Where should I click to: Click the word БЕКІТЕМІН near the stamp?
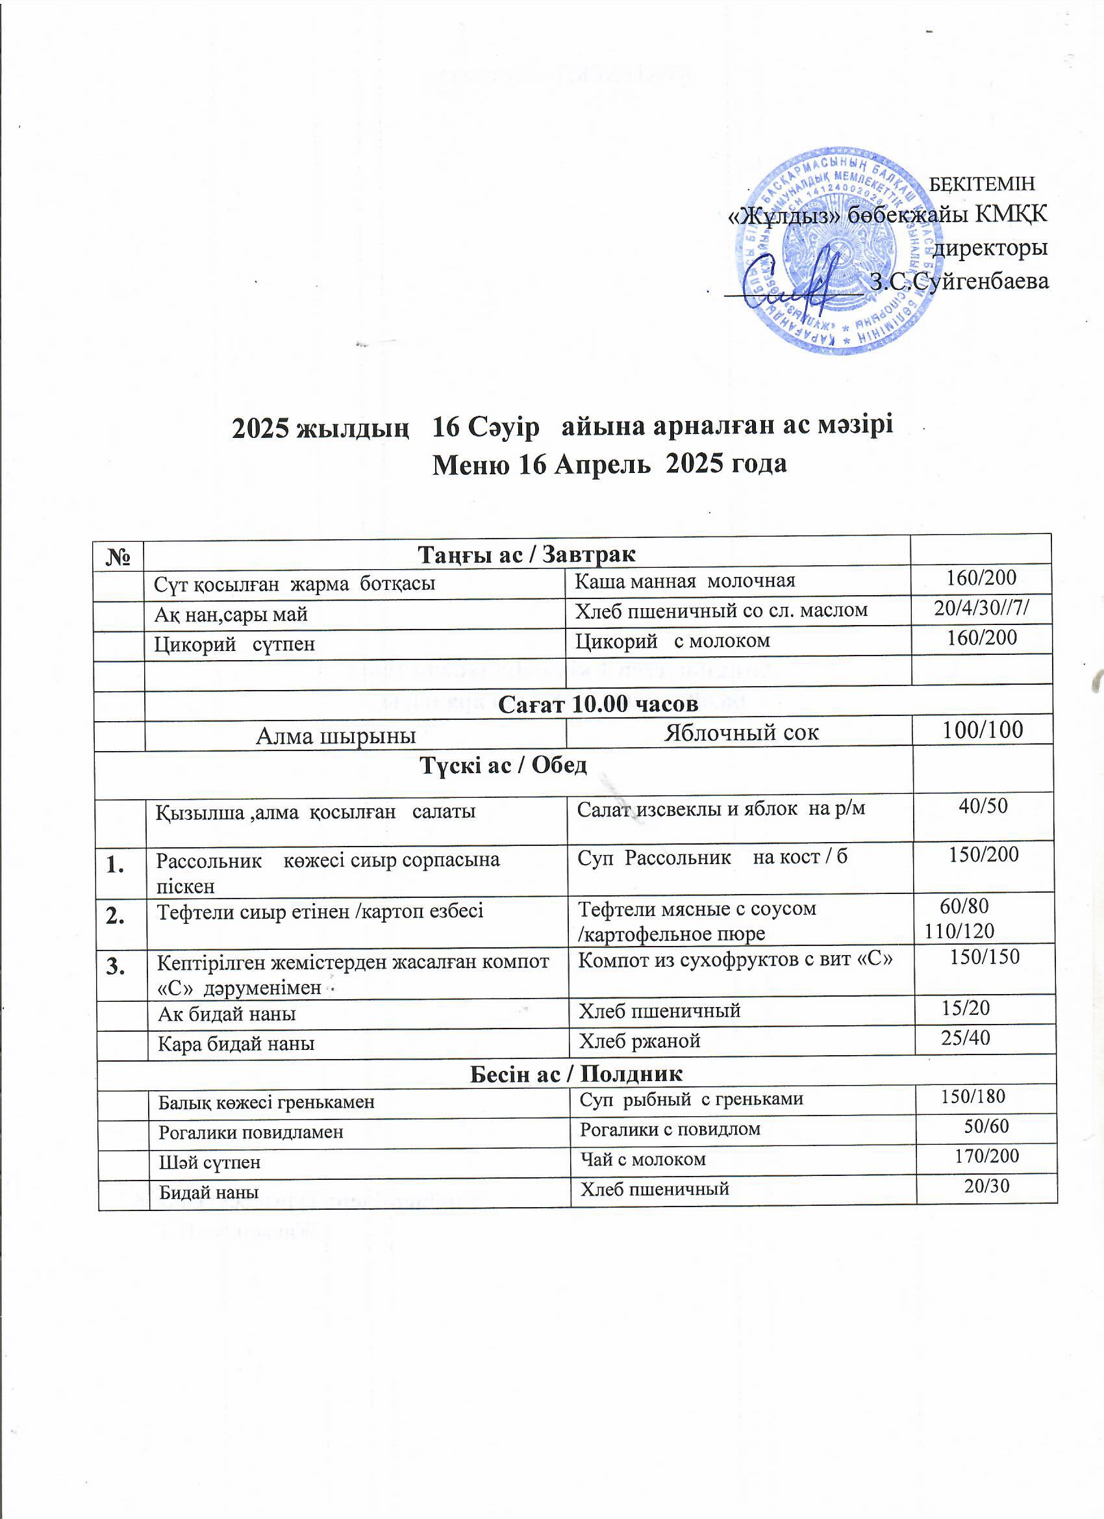click(x=983, y=183)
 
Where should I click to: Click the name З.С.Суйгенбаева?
click(x=959, y=281)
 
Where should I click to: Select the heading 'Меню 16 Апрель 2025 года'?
click(x=609, y=463)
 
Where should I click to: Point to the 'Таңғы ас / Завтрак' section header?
click(x=527, y=555)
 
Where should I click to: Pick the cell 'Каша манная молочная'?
click(x=686, y=580)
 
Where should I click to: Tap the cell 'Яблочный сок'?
click(x=740, y=732)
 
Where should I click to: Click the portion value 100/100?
click(x=983, y=730)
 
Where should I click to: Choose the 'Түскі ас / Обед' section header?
click(x=503, y=765)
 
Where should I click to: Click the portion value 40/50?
click(x=983, y=806)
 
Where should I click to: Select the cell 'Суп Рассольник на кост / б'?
click(x=712, y=856)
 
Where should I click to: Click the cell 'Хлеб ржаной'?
click(x=640, y=1040)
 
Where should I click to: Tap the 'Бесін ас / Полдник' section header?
click(x=576, y=1073)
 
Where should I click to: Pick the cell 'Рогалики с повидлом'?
click(x=670, y=1129)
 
